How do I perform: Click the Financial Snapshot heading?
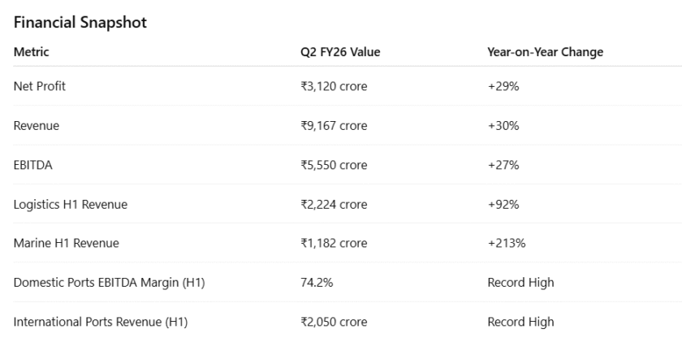80,23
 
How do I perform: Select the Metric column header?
32,52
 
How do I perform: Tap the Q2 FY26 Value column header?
340,52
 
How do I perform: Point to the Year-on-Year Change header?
545,52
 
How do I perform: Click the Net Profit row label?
40,86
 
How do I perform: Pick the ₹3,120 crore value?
334,86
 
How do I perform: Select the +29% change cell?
503,86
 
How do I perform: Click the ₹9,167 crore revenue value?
334,126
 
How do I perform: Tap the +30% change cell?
503,126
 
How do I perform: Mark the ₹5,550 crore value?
334,165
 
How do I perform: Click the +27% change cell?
503,165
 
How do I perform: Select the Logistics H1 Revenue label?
71,204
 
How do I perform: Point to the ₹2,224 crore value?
334,204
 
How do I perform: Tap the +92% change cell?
503,204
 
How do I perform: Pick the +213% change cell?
507,243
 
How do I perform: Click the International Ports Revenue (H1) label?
101,322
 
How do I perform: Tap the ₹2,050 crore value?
334,322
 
